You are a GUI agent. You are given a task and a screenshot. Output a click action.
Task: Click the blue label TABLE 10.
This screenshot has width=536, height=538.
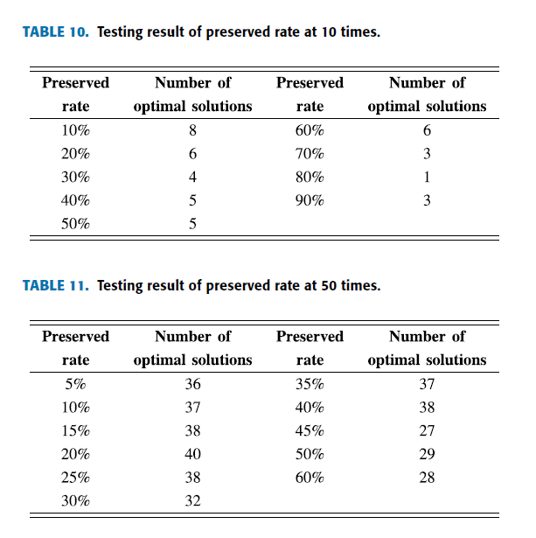coord(56,31)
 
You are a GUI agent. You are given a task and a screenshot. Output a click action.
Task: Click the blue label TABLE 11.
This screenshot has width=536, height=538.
coord(56,285)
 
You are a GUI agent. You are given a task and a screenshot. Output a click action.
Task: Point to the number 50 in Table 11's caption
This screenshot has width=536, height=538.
coord(329,285)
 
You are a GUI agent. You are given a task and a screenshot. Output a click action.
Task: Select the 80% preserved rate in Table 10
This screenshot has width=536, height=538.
coord(310,177)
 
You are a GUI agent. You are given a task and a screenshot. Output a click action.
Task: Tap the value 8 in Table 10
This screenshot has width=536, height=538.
coord(192,130)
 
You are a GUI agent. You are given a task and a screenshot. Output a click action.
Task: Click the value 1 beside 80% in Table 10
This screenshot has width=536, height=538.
coord(427,177)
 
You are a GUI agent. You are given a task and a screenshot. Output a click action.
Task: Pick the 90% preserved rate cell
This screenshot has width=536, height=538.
coord(310,200)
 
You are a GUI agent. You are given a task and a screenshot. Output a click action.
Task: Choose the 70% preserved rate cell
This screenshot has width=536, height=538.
coord(310,154)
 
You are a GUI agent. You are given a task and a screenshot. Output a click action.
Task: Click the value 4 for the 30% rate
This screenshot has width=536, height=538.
coord(192,177)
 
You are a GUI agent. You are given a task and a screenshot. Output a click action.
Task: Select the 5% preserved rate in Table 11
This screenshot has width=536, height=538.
coord(75,384)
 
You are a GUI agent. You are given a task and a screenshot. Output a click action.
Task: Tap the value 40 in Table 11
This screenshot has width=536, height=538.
coord(192,454)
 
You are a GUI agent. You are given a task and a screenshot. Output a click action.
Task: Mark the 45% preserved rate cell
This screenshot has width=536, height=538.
coord(310,430)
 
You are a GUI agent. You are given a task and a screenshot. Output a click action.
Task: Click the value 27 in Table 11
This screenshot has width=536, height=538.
coord(427,430)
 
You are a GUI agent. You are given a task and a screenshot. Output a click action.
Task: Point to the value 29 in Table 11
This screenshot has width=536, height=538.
coord(427,454)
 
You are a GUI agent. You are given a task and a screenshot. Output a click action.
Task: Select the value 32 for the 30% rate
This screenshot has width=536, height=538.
coord(192,501)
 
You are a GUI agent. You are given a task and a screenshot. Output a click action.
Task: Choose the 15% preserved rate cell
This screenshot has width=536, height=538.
coord(75,430)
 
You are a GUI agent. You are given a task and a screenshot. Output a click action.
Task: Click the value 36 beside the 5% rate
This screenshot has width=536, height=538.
coord(192,384)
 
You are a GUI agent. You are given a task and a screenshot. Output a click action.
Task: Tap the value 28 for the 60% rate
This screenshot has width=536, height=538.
coord(427,478)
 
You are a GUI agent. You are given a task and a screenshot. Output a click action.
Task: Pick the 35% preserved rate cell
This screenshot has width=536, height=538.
coord(310,384)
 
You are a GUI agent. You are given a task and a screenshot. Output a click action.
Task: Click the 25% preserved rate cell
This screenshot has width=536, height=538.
coord(75,478)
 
